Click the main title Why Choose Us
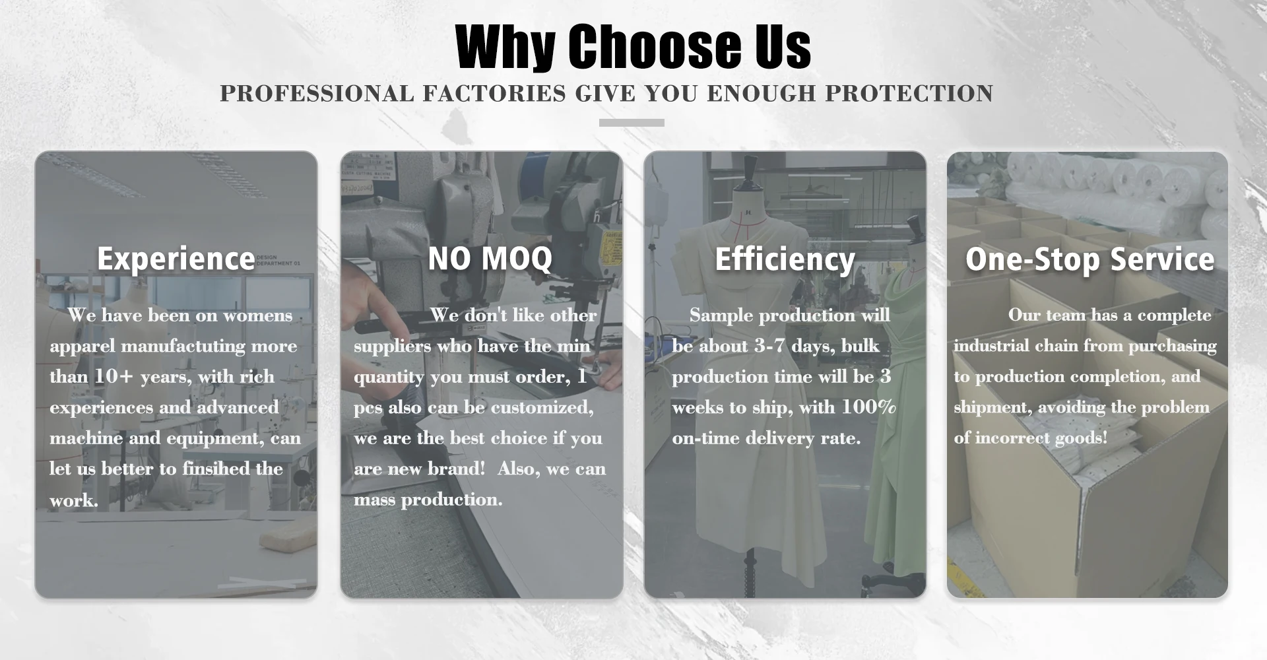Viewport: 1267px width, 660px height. click(633, 46)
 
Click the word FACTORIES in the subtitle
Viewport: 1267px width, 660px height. click(494, 94)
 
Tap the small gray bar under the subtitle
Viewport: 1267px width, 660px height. click(632, 123)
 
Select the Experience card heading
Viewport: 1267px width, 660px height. click(176, 259)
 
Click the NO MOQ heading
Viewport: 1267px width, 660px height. click(490, 258)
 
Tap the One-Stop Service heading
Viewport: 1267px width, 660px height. click(1089, 259)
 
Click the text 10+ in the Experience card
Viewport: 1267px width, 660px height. click(114, 376)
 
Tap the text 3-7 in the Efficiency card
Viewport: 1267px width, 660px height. click(769, 346)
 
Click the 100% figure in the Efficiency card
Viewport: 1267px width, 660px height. click(868, 407)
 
